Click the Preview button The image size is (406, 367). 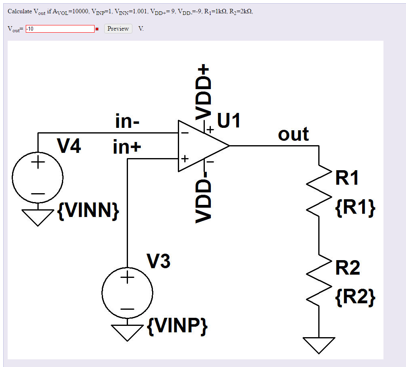click(118, 29)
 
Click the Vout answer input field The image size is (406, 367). click(60, 29)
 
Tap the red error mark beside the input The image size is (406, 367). click(97, 29)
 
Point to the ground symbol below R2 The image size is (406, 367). click(319, 345)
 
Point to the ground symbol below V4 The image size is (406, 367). click(37, 217)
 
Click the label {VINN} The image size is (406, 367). click(88, 211)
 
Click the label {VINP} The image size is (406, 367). click(177, 326)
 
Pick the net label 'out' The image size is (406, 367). click(293, 134)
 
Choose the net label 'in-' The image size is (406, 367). click(127, 121)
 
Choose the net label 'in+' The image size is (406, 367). click(127, 148)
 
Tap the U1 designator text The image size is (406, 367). click(229, 120)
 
